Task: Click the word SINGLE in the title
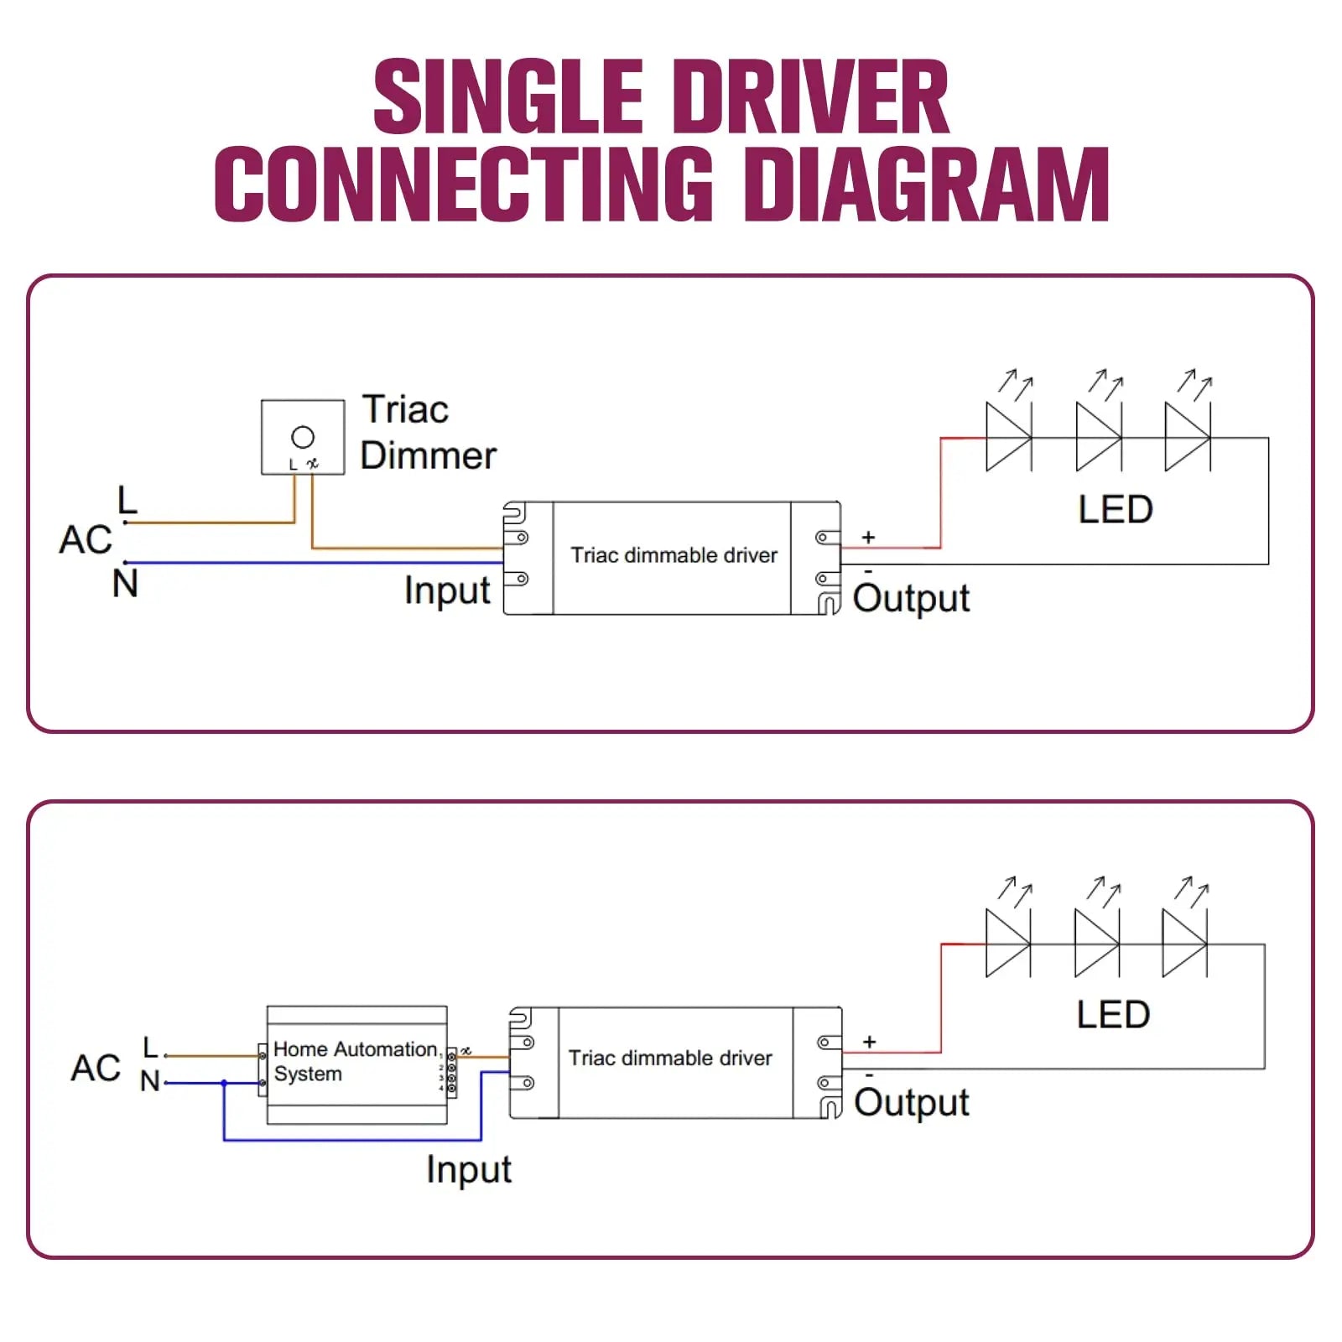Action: pos(507,97)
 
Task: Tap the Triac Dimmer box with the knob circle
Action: pos(303,437)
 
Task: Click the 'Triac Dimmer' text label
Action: pos(428,433)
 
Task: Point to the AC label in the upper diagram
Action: pos(85,539)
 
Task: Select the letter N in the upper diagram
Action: pos(125,583)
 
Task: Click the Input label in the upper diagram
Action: pos(447,590)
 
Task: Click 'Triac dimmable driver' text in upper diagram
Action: pos(674,555)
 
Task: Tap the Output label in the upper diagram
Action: pos(911,599)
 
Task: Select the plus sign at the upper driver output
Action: pos(868,537)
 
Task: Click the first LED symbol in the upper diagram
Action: pos(1008,437)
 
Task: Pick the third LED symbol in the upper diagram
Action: pos(1187,437)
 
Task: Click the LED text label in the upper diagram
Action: pos(1116,509)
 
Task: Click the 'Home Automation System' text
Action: pos(356,1061)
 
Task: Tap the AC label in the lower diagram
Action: pos(96,1068)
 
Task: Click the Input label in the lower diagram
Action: pos(468,1169)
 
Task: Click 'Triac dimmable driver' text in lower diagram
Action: pos(670,1059)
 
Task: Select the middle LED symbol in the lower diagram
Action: pos(1096,944)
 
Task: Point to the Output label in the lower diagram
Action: pos(911,1102)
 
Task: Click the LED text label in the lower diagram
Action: pos(1113,1015)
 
